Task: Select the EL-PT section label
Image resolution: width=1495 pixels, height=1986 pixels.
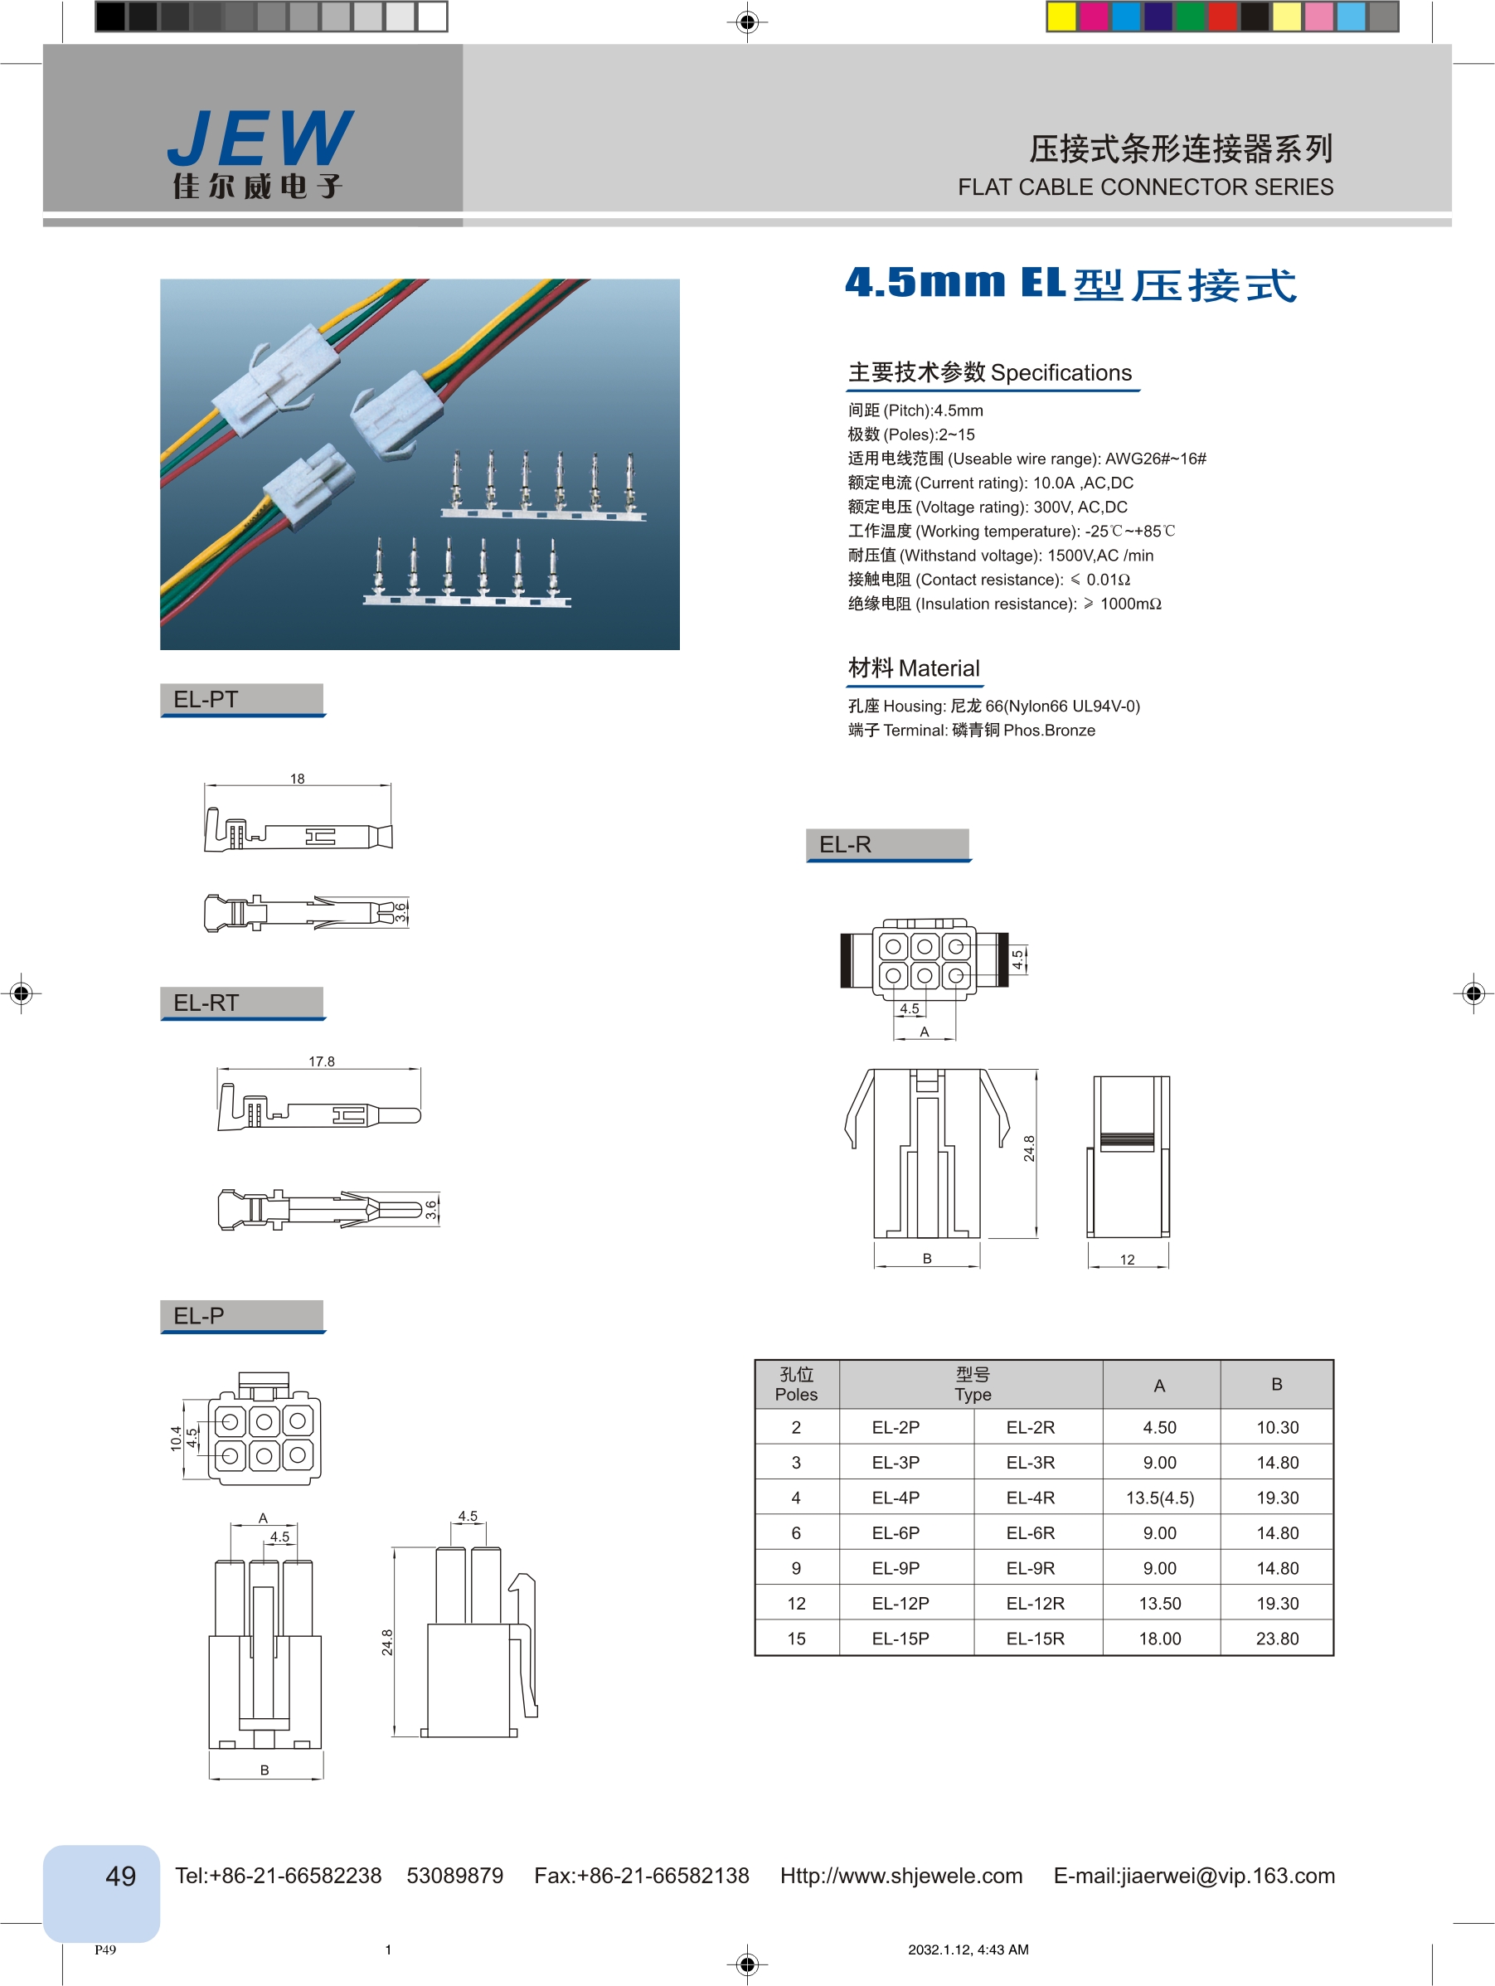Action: pyautogui.click(x=206, y=699)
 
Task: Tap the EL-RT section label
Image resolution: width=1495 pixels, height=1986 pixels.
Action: pyautogui.click(x=206, y=1003)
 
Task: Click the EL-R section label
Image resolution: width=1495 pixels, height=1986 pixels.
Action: pyautogui.click(x=845, y=845)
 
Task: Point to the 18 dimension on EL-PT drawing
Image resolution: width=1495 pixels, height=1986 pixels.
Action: pyautogui.click(x=297, y=779)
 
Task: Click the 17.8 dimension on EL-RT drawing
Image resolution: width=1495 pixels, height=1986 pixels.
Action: pyautogui.click(x=322, y=1061)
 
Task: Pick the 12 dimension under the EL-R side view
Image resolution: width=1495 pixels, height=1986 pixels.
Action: pyautogui.click(x=1127, y=1260)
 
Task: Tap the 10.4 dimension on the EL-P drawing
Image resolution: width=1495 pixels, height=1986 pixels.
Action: pyautogui.click(x=176, y=1439)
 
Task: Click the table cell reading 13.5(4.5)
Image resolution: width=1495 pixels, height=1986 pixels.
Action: pyautogui.click(x=1159, y=1498)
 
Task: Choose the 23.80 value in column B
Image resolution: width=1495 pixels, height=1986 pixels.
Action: pyautogui.click(x=1277, y=1639)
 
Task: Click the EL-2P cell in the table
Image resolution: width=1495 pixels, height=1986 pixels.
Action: pyautogui.click(x=896, y=1428)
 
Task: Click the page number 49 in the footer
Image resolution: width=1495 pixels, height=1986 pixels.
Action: pyautogui.click(x=120, y=1877)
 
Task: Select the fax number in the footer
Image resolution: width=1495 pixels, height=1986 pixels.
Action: pyautogui.click(x=641, y=1876)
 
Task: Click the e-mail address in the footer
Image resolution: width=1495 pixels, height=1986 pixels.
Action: pyautogui.click(x=1193, y=1876)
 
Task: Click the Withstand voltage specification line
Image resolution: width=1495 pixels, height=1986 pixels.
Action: pyautogui.click(x=1000, y=556)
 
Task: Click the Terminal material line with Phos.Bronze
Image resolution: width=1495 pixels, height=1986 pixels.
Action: pyautogui.click(x=971, y=731)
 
